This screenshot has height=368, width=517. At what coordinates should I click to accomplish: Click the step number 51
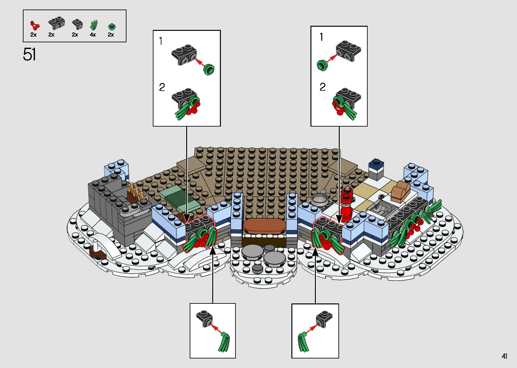[x=29, y=54]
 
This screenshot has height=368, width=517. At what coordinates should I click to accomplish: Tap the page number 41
[x=504, y=356]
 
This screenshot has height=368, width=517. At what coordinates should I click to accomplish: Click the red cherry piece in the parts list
[x=35, y=25]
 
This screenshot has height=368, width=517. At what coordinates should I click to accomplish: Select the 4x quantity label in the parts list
[x=93, y=35]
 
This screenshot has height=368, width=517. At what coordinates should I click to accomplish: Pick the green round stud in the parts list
[x=111, y=26]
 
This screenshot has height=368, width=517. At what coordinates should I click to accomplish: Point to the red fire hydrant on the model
[x=346, y=204]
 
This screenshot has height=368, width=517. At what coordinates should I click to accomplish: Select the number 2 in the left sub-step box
[x=162, y=87]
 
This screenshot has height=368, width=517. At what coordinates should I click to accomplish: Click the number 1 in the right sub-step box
[x=322, y=37]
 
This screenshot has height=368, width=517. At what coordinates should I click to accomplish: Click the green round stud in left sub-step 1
[x=209, y=69]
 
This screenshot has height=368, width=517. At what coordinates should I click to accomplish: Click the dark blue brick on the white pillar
[x=376, y=165]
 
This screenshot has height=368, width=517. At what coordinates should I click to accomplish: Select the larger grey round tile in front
[x=275, y=259]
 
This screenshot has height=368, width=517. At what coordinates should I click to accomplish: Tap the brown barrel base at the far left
[x=98, y=253]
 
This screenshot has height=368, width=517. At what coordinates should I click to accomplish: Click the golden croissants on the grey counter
[x=135, y=193]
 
